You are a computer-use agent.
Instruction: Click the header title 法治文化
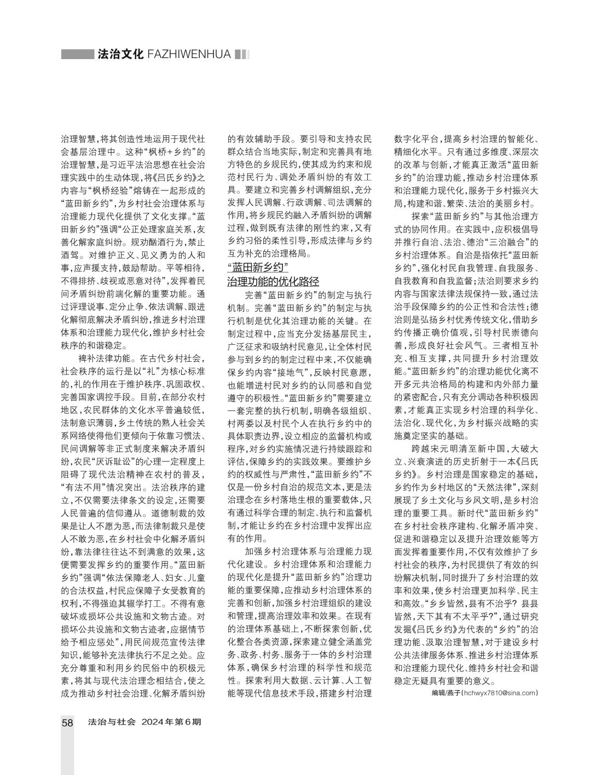pyautogui.click(x=120, y=54)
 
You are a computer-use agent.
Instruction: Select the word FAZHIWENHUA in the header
pyautogui.click(x=189, y=54)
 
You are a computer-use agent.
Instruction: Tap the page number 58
pyautogui.click(x=67, y=722)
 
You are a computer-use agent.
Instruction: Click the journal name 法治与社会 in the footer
pyautogui.click(x=111, y=722)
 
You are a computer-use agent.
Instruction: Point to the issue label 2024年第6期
pyautogui.click(x=171, y=722)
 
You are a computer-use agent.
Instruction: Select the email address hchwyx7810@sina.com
pyautogui.click(x=500, y=693)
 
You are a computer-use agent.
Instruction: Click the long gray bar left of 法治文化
pyautogui.click(x=77, y=54)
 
